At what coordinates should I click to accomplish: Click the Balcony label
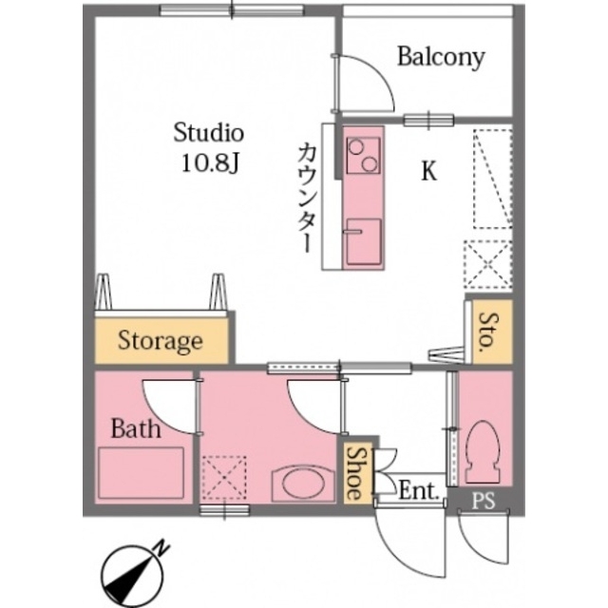[441, 57]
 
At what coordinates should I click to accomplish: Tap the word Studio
[209, 132]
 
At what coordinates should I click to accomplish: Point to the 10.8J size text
[209, 162]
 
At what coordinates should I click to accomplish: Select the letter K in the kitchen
[429, 172]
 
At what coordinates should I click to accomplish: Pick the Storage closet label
[161, 340]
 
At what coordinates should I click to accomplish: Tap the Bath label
[135, 428]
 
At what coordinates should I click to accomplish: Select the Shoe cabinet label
[352, 474]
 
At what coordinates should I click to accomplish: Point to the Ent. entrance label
[417, 492]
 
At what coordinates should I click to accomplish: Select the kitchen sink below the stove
[363, 242]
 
